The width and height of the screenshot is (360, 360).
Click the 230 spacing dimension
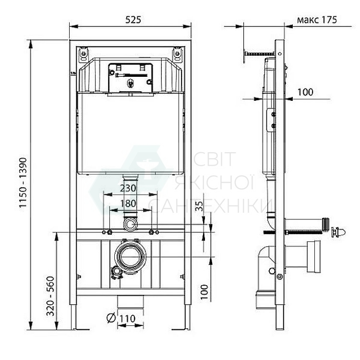pos(129,189)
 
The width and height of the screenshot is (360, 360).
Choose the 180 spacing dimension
pos(129,203)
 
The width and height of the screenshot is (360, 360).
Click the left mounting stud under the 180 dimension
pos(110,233)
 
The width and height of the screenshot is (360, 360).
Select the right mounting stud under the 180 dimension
pos(152,233)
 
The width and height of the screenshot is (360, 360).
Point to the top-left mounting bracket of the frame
pos(83,52)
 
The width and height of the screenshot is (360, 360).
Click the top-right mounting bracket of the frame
pos(177,52)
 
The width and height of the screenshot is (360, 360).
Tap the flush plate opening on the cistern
pos(130,77)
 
